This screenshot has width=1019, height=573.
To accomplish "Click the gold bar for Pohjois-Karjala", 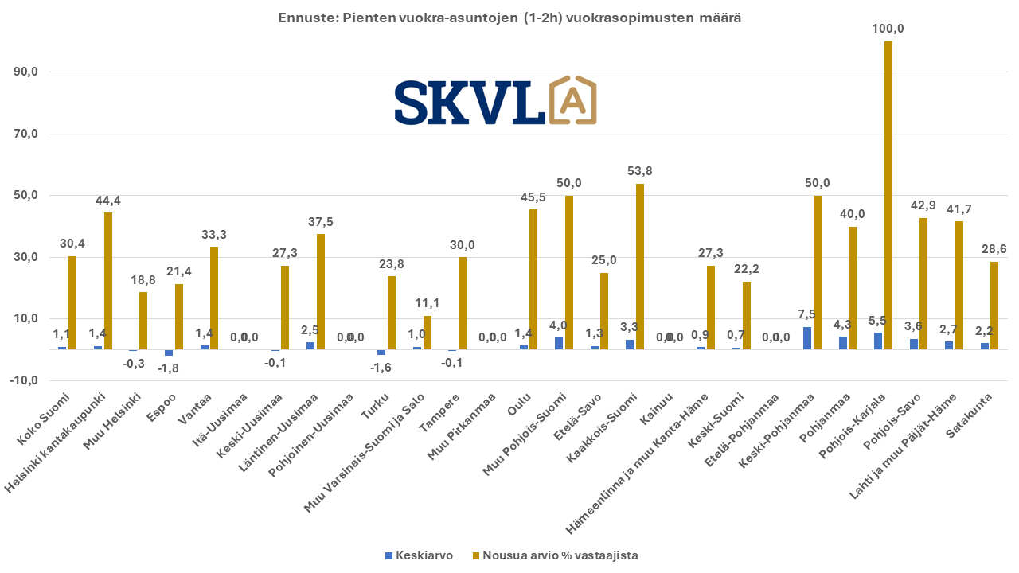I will (x=888, y=195).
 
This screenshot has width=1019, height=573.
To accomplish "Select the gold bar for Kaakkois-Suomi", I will (x=640, y=267).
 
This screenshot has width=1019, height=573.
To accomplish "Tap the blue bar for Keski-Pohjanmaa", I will (x=807, y=338).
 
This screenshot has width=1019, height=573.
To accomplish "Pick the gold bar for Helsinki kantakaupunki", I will (x=108, y=281).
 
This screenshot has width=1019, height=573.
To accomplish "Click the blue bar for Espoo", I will (x=169, y=353).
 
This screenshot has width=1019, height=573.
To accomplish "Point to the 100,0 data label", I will (x=888, y=29).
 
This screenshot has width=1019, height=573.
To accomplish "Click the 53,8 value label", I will (x=640, y=171).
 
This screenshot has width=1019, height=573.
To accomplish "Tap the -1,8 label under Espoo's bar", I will (x=166, y=367).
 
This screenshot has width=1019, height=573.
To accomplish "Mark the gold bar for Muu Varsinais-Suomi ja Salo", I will (x=428, y=333).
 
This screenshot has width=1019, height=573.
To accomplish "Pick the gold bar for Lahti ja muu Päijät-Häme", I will (x=959, y=285).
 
